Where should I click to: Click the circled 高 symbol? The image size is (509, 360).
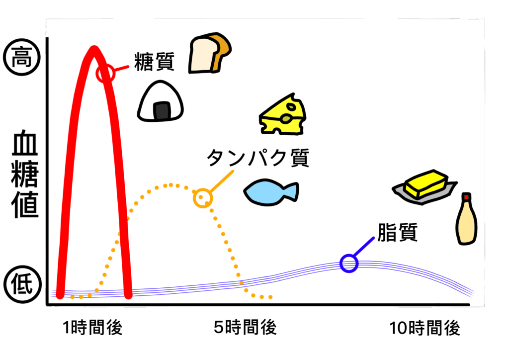coord(22,58)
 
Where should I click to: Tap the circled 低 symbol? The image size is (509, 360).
coord(23,284)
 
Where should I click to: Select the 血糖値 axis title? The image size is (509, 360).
coord(25,174)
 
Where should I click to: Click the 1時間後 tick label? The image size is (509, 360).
coord(92,327)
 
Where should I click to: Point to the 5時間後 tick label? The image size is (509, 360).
coord(245,327)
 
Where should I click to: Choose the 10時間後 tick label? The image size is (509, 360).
coord(424,328)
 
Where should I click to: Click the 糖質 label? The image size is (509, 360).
coord(154,62)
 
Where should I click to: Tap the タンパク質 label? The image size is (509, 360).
coord(258,158)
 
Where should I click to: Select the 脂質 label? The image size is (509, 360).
coord(397,232)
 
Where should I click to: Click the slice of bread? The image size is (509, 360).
coord(209,53)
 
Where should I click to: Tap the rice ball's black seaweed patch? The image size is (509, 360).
coord(162,111)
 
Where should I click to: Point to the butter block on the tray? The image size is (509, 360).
coord(425,184)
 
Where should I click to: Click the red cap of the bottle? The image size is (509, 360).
coord(466,197)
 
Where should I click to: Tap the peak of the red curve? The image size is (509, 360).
coord(94,49)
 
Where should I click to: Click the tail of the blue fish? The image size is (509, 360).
coord(291,191)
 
